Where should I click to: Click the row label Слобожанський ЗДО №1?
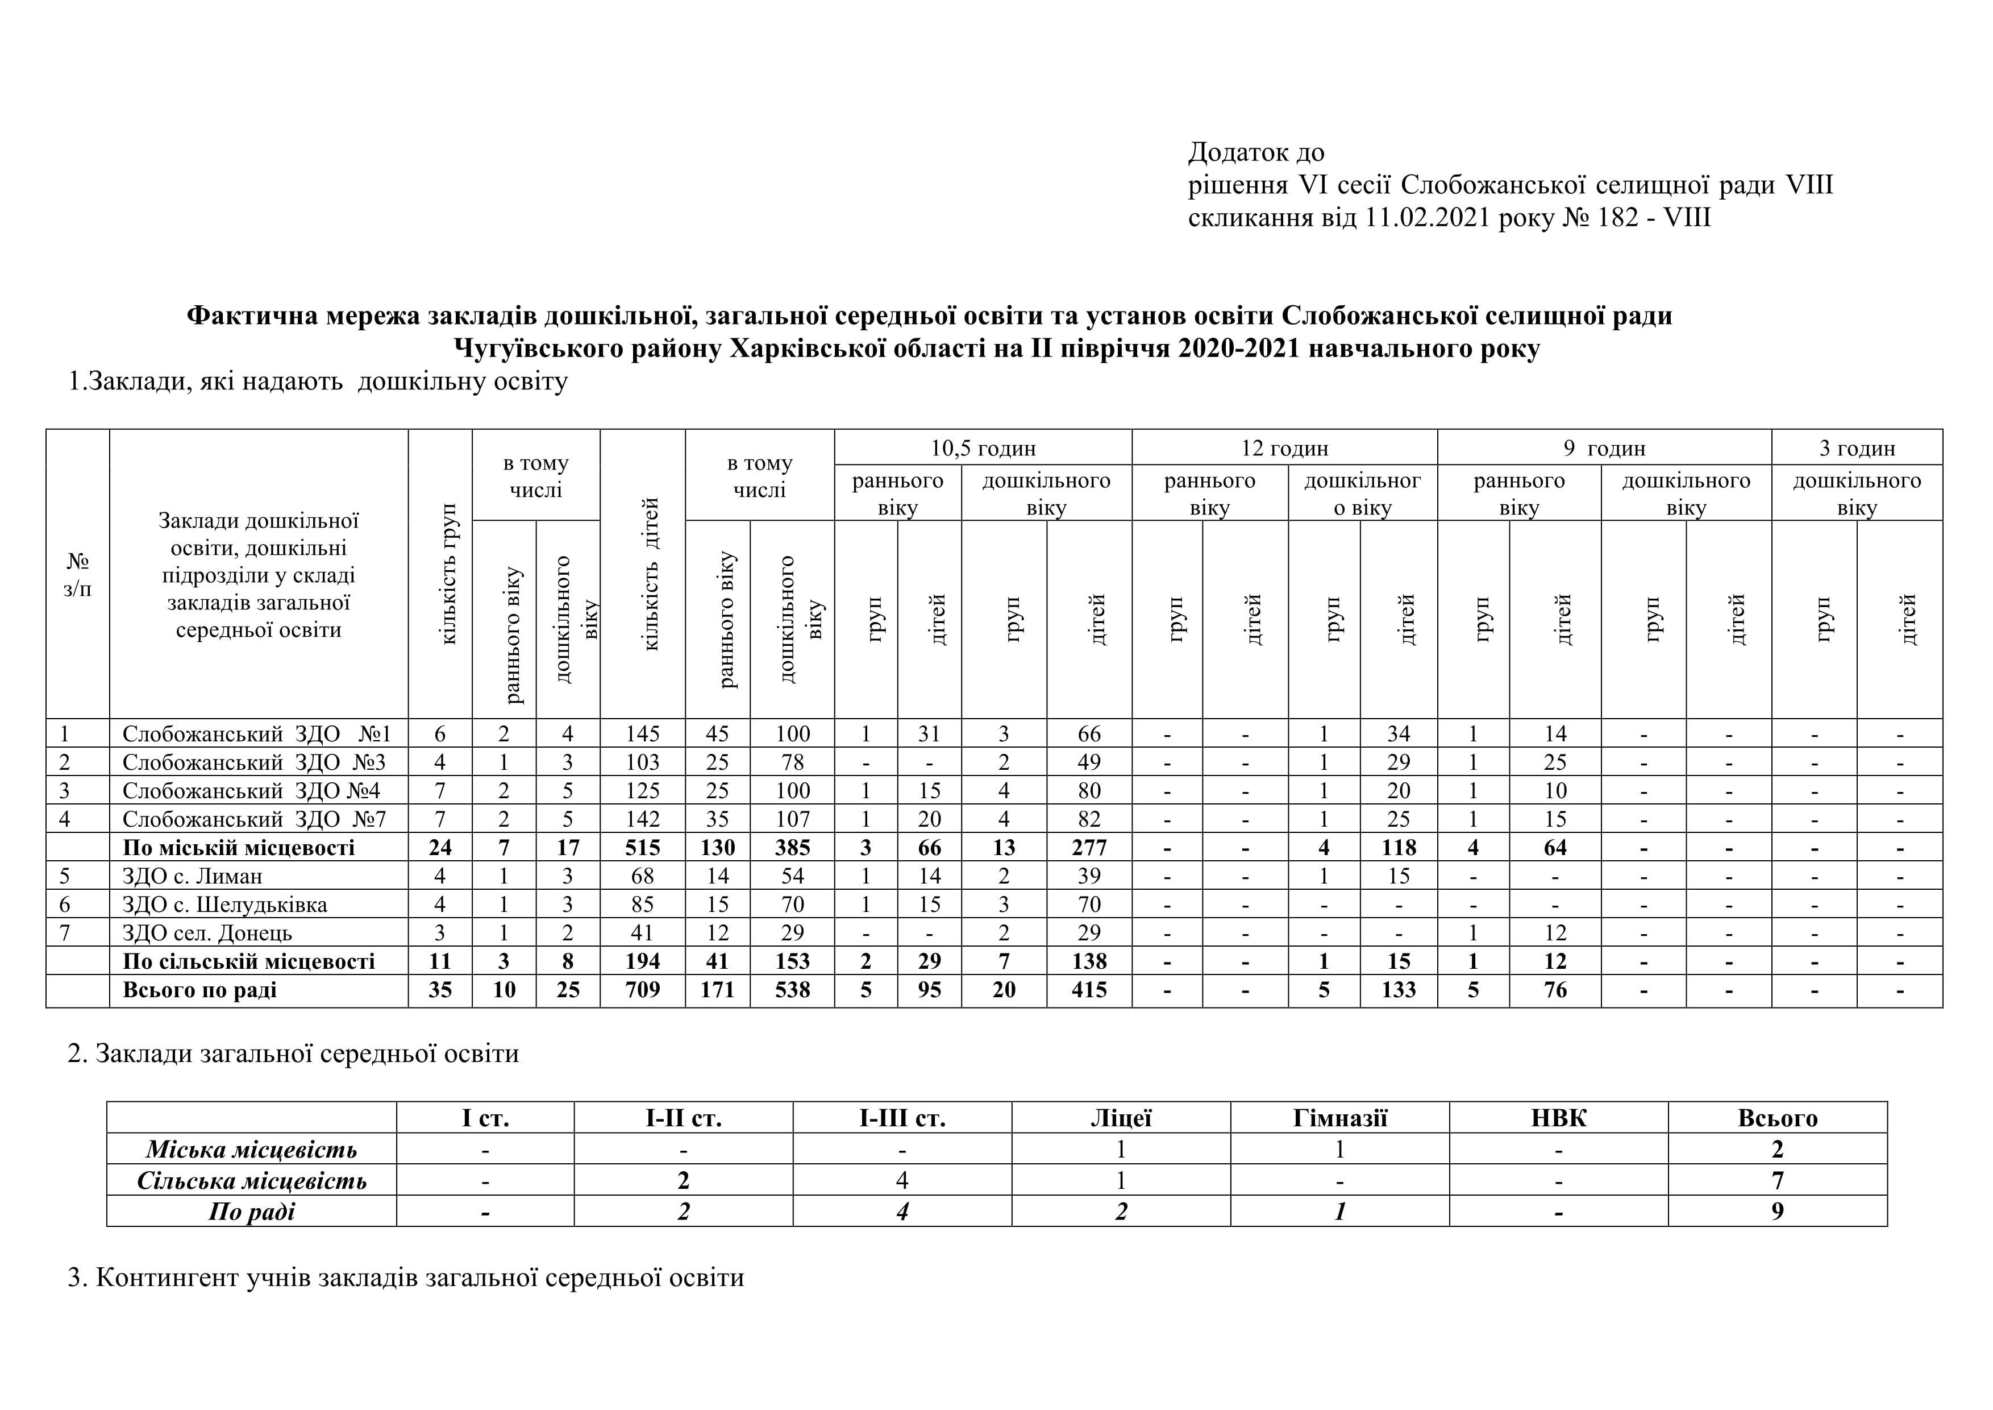coord(257,733)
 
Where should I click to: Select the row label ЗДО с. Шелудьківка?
coord(225,905)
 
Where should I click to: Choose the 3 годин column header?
coord(1857,448)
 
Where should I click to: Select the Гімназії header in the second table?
coord(1339,1118)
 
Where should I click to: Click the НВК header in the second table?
coord(1558,1118)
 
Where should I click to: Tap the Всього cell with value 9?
coord(1777,1211)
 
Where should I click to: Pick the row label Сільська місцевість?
coord(252,1181)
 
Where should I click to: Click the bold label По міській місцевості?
coord(239,847)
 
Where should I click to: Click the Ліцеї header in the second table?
coord(1121,1118)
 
